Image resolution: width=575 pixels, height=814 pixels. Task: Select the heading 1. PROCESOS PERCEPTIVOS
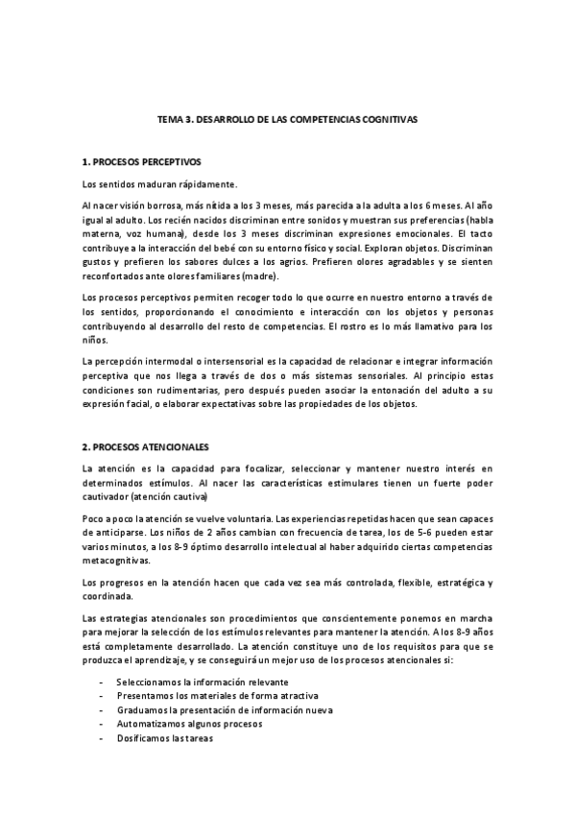point(141,161)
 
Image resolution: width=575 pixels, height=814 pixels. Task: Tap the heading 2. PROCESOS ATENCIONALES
point(145,447)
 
